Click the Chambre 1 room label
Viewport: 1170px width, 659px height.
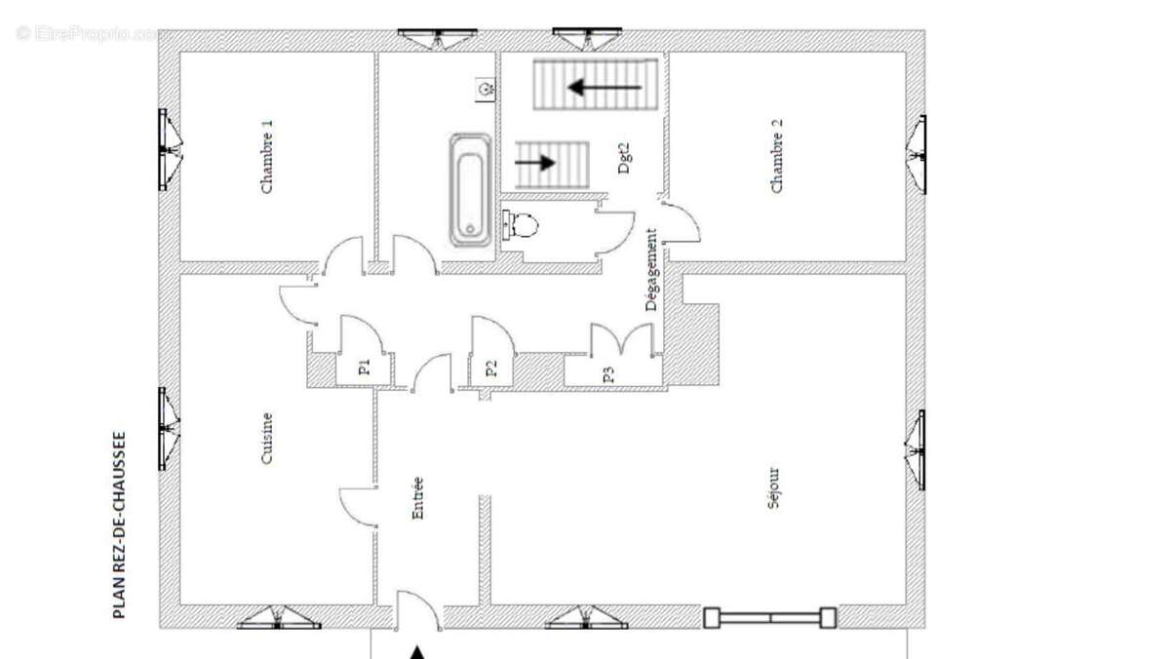267,157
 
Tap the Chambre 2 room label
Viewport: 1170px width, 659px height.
777,156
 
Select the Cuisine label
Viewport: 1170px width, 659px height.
267,438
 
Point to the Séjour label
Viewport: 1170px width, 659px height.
773,488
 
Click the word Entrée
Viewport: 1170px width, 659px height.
418,498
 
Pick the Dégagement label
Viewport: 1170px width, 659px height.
651,269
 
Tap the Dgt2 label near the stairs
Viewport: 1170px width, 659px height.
624,158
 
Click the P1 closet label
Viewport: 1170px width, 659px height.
365,368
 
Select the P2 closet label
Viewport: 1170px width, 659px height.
491,368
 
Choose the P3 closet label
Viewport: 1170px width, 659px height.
608,374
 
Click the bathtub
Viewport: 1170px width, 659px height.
470,190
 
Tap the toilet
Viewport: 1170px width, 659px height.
521,225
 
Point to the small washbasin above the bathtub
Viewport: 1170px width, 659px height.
486,90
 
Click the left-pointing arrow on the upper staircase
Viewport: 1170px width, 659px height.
604,87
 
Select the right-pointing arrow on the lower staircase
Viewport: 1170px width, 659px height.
535,163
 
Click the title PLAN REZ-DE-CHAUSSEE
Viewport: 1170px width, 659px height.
119,524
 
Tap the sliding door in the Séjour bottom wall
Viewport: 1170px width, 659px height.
770,618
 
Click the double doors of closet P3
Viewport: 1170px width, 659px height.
622,340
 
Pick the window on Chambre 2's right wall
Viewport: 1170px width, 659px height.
917,155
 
